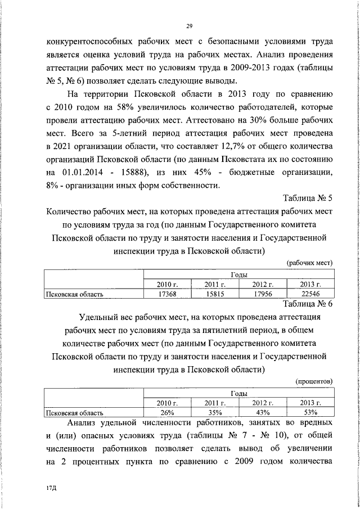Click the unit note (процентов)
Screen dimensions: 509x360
coord(314,381)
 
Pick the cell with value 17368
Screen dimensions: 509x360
coord(168,293)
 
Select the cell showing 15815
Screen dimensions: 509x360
coord(215,293)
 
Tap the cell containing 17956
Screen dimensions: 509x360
coord(262,293)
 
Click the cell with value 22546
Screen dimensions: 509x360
coord(310,293)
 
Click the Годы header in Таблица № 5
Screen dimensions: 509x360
coord(239,274)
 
